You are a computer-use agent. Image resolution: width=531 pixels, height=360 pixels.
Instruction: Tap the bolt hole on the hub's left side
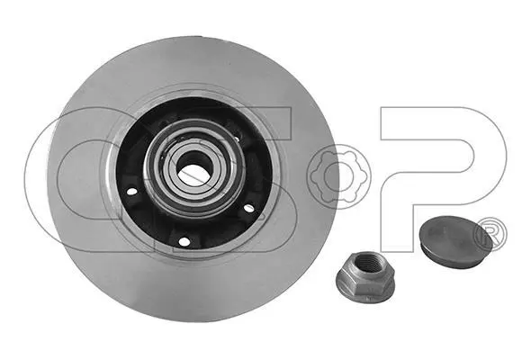131,192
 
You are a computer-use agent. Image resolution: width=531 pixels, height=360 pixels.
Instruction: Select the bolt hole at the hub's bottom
184,241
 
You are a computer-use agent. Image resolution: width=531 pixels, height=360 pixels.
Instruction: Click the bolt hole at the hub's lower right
248,208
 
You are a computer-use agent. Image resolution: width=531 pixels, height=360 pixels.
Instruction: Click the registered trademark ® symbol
490,234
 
